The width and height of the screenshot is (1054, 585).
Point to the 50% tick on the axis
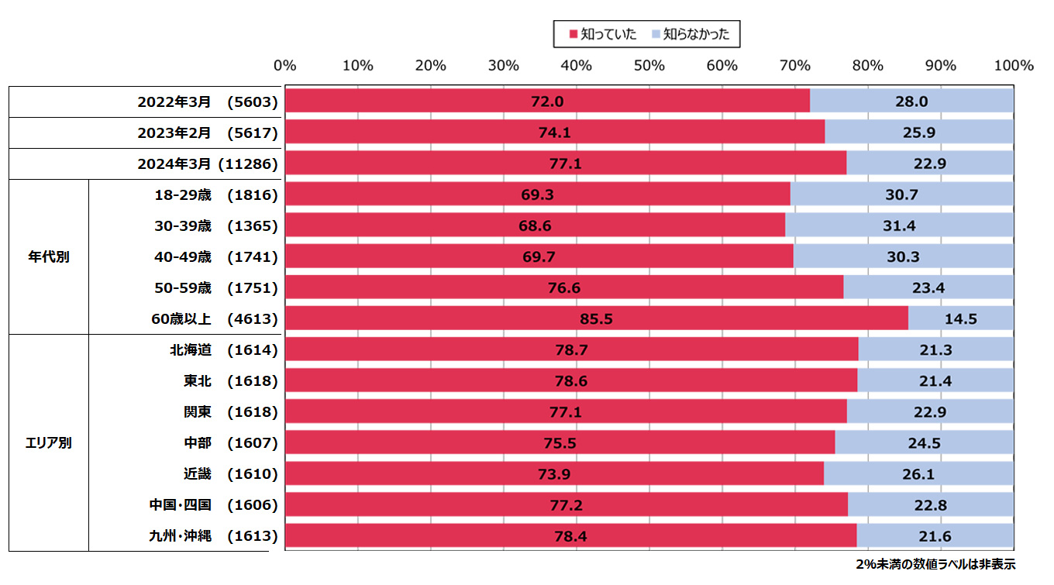649,66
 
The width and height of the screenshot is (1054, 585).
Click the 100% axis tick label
1014,66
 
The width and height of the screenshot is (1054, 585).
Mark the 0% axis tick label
285,66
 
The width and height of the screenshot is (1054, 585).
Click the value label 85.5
597,318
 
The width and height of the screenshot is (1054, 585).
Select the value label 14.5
961,318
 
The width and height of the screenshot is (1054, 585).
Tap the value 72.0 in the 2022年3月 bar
547,102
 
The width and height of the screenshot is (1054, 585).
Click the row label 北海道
191,349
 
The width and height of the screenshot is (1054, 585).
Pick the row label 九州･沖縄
180,535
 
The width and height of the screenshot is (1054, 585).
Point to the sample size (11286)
248,163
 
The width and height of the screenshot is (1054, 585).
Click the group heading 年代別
49,256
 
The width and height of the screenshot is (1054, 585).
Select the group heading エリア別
49,443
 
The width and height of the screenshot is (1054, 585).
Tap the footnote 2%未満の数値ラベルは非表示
935,564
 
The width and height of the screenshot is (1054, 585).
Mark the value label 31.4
902,225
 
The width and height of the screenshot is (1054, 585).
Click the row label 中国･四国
180,504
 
